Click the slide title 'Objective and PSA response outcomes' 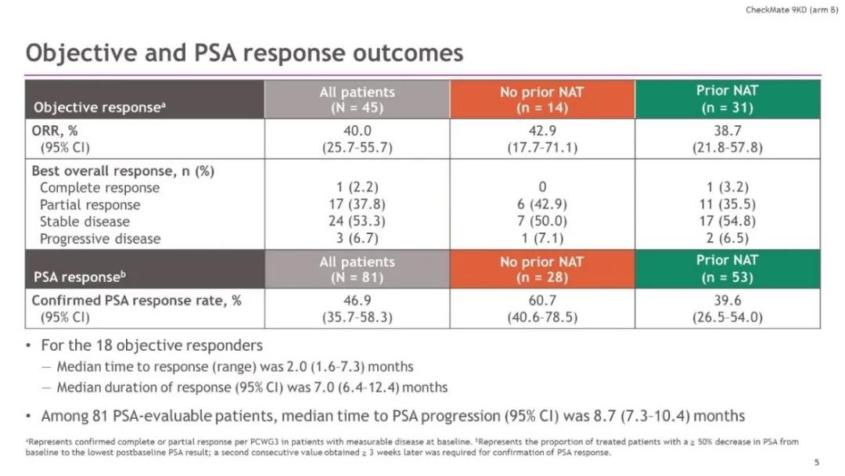point(244,52)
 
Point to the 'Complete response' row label point(99,188)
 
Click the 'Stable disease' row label point(84,222)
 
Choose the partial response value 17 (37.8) point(357,205)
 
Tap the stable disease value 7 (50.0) point(541,222)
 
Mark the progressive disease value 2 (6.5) point(727,239)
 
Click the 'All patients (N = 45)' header point(357,99)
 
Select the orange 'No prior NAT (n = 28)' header point(541,269)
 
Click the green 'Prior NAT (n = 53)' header point(727,269)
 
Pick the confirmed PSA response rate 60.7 point(541,301)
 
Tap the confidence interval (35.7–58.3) point(357,318)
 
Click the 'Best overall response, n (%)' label point(123,171)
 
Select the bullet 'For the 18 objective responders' point(151,345)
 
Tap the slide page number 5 point(817,462)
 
